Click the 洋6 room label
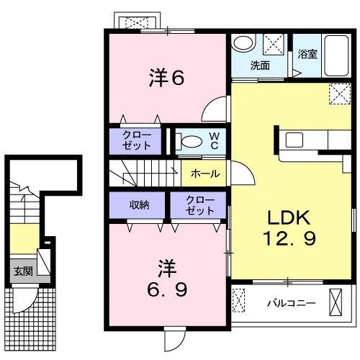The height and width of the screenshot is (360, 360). tap(167, 77)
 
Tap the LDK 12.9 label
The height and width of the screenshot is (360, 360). tap(289, 228)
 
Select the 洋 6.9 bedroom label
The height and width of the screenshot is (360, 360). tap(167, 278)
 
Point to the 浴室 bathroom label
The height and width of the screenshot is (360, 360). tap(307, 54)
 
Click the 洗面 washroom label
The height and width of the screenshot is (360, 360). tap(260, 66)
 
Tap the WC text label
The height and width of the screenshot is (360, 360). tap(214, 141)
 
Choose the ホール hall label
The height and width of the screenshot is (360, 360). tap(205, 174)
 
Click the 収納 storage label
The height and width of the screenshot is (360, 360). tap(140, 204)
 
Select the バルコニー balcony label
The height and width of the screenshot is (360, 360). tap(292, 303)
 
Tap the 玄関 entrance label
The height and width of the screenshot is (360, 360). tap(23, 271)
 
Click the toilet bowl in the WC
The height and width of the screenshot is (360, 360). tap(192, 142)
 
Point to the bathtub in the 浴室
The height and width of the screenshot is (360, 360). tap(336, 55)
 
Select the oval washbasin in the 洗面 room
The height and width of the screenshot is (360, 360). tap(243, 43)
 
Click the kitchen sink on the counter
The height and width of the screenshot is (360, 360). tap(294, 140)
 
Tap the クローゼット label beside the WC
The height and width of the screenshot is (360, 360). tap(137, 140)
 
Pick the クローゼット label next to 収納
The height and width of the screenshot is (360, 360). tap(200, 205)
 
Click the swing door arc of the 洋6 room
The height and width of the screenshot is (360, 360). tap(209, 103)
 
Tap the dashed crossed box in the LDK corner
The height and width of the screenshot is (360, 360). tap(340, 94)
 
